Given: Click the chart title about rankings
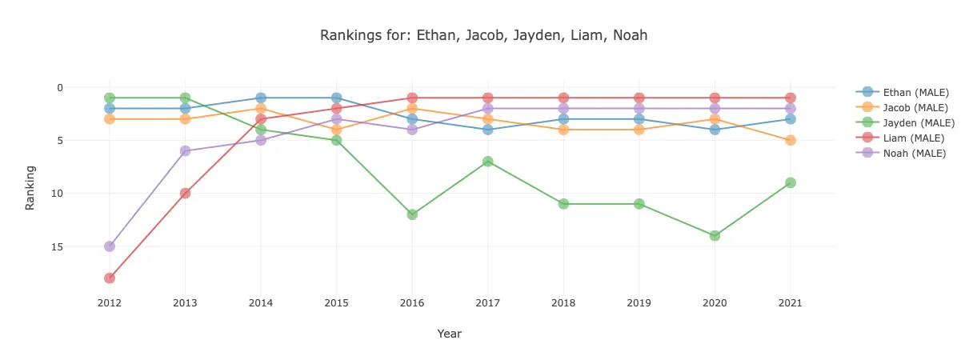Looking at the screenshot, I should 483,35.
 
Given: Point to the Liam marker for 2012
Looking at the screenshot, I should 110,278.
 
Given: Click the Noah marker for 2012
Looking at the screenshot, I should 110,246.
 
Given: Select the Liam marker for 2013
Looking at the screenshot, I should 185,194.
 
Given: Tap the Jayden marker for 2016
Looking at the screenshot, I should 412,214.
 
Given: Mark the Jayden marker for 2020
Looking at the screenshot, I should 715,236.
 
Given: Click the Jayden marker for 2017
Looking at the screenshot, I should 488,162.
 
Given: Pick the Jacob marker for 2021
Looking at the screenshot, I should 791,140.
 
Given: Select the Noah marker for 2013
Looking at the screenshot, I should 185,150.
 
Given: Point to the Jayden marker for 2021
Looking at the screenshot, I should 791,182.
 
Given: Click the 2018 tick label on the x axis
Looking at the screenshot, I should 563,304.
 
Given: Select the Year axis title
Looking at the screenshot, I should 450,334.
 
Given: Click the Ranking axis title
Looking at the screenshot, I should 30,187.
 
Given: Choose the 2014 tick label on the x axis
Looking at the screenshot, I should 261,304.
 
